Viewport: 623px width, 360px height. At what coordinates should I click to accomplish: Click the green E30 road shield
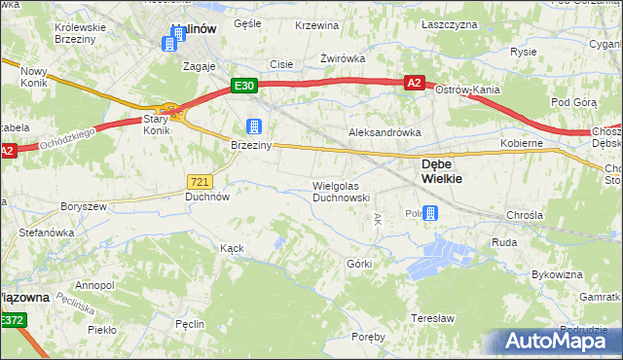tap(244, 86)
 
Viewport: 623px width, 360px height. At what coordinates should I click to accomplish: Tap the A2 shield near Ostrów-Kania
tap(414, 84)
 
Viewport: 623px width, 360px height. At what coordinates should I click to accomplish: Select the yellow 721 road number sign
tap(199, 181)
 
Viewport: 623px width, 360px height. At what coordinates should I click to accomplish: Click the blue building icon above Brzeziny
tap(253, 126)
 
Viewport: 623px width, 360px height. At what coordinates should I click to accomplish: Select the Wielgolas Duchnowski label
tap(341, 191)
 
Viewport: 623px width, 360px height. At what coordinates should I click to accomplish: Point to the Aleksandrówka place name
tap(385, 131)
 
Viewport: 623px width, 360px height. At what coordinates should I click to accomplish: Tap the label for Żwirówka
tap(343, 58)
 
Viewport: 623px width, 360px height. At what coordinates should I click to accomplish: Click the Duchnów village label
tap(207, 196)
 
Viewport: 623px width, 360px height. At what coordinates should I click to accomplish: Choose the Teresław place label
tap(433, 318)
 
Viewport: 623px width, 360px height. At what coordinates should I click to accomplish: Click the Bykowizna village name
tap(558, 275)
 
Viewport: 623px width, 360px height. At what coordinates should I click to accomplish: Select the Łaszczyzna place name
tap(451, 23)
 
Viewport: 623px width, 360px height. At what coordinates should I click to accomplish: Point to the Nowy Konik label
tap(34, 78)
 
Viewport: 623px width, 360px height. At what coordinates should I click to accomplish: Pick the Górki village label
tap(359, 264)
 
